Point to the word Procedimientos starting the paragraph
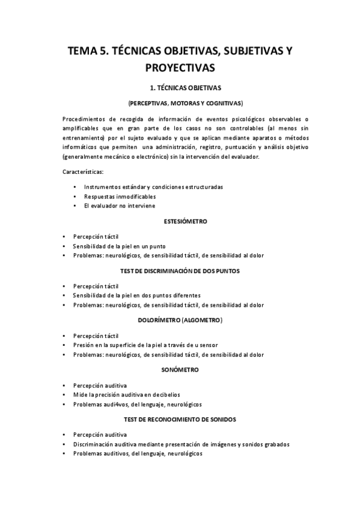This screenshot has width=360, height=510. click(x=85, y=118)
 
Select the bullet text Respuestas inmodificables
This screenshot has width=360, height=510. click(x=120, y=197)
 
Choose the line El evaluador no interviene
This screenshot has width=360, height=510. click(x=120, y=206)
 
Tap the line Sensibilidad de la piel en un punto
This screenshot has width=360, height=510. click(x=120, y=246)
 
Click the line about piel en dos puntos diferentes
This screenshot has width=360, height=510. click(x=137, y=295)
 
